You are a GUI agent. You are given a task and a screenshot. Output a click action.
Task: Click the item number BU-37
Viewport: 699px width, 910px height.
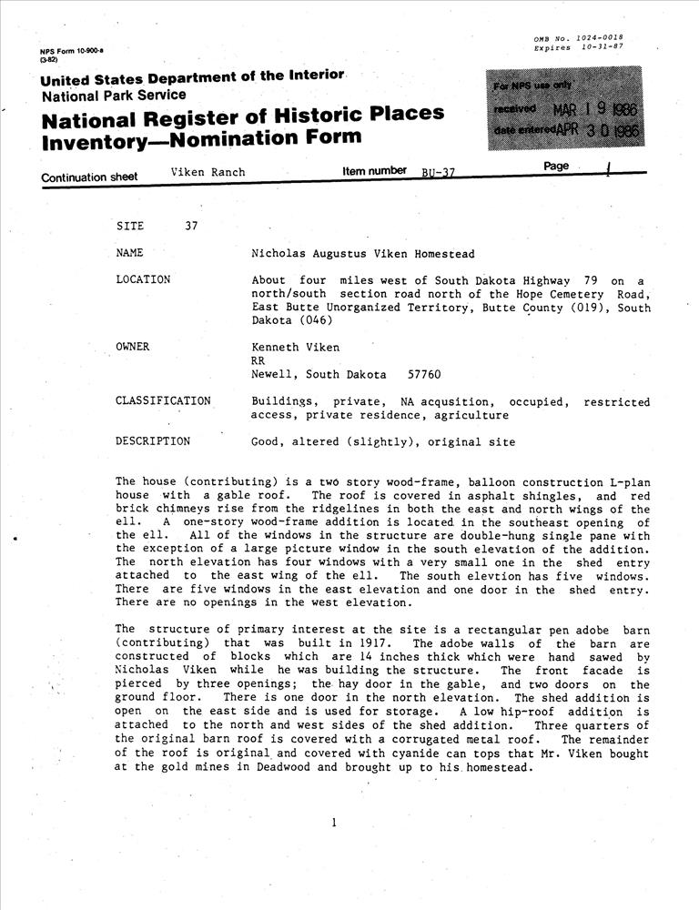click(x=438, y=174)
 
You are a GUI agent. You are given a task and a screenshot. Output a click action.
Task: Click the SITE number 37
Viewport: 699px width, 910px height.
click(x=191, y=227)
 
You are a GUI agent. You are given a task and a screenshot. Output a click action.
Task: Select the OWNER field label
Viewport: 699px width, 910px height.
click(x=133, y=347)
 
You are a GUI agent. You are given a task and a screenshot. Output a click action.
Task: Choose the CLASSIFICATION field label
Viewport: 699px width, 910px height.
click(x=163, y=401)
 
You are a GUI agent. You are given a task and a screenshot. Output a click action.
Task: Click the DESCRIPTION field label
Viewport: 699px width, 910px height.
click(x=153, y=442)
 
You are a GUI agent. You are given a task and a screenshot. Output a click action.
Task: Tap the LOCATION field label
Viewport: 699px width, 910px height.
click(x=143, y=279)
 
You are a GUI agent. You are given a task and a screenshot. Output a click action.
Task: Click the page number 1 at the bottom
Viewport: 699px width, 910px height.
click(x=334, y=823)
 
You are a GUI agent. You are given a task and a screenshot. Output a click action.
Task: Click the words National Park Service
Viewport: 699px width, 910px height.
click(x=114, y=95)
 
